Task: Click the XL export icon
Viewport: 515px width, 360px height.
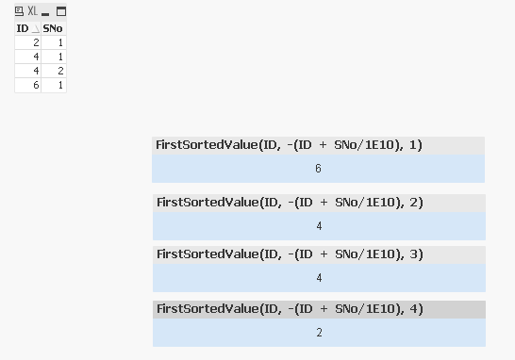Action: coord(32,11)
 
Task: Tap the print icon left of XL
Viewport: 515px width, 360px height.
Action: coord(19,11)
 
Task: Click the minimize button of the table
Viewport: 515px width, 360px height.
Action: coord(45,12)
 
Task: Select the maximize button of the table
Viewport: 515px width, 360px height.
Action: coord(60,11)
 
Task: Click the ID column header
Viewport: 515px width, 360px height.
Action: coord(23,28)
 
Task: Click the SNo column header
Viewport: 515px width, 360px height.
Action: coord(53,28)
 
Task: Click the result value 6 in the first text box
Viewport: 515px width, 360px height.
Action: coord(319,169)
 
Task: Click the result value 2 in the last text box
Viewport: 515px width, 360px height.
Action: coord(319,333)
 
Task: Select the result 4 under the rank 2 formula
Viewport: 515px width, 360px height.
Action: coord(319,226)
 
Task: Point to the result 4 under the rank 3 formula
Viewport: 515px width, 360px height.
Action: coord(319,278)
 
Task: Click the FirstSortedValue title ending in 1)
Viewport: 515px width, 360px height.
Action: coord(290,145)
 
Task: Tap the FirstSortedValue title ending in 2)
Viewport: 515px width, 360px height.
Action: coord(290,203)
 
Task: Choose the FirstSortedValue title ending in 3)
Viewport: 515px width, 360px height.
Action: coord(290,254)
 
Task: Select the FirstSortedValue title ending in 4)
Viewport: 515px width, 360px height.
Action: coord(290,309)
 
